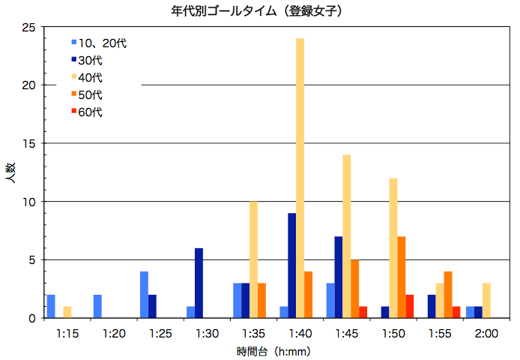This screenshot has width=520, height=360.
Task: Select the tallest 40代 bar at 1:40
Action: point(300,178)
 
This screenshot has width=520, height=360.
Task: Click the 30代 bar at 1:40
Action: point(291,265)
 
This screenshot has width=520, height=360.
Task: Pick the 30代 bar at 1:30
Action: point(199,283)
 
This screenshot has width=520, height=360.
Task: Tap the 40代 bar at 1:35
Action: point(253,259)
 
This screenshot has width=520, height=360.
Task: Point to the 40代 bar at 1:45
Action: point(346,236)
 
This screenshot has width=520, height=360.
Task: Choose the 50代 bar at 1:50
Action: point(401,277)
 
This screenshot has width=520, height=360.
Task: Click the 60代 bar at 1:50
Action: point(409,307)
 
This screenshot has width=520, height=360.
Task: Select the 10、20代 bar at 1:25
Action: point(144,295)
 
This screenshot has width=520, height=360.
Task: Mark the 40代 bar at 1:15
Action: point(67,312)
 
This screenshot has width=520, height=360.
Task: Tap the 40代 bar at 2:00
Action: point(486,300)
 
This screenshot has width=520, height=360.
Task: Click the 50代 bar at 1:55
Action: point(447,295)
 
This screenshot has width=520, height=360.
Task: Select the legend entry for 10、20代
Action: point(98,43)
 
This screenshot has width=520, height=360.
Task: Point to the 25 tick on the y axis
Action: point(29,27)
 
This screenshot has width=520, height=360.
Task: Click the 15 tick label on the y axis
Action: point(29,143)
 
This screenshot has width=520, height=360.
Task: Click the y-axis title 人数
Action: point(12,179)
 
